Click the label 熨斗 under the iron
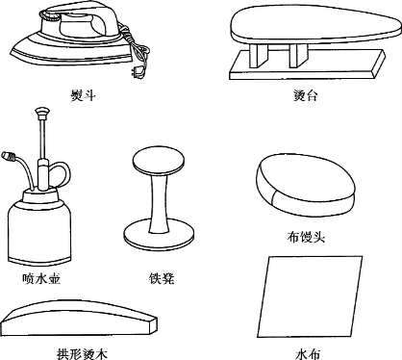(x=83, y=95)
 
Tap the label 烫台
(x=306, y=95)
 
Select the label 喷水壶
(x=41, y=278)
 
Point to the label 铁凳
(x=162, y=278)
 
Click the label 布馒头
(x=306, y=237)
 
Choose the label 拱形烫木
(x=82, y=353)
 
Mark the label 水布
(x=308, y=354)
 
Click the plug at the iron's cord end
(x=138, y=72)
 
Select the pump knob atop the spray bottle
(x=42, y=113)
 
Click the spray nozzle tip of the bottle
(x=8, y=156)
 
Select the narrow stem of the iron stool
(x=159, y=202)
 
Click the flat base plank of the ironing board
(x=307, y=66)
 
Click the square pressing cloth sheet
(x=310, y=296)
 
